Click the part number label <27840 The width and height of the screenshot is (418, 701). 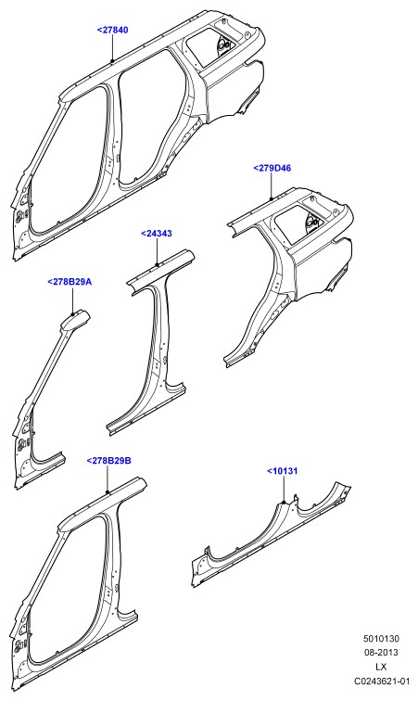click(112, 31)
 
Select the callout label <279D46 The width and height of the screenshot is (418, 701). click(272, 168)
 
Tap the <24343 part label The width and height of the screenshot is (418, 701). click(156, 234)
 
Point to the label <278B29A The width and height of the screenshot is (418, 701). click(70, 282)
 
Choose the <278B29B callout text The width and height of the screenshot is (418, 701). click(108, 461)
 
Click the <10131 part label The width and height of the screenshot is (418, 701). click(282, 471)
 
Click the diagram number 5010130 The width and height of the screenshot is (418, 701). click(381, 639)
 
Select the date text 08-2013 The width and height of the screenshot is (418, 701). click(381, 653)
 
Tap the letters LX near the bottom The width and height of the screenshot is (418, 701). click(381, 667)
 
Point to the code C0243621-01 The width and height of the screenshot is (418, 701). click(382, 682)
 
